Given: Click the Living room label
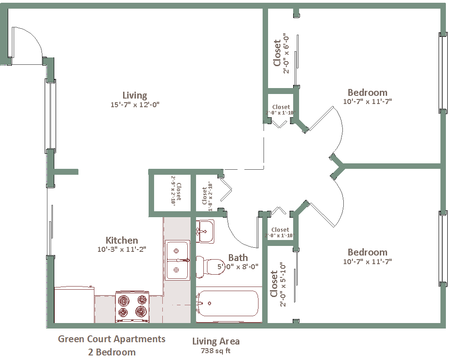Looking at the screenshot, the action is click(134, 95).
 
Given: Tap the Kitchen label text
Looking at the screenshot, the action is click(122, 240).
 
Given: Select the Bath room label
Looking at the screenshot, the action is click(238, 258).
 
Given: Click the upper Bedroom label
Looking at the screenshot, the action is click(367, 93).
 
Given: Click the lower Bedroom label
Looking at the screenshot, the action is click(367, 252).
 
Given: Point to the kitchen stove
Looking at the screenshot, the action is click(132, 307).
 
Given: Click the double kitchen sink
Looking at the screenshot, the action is click(177, 260).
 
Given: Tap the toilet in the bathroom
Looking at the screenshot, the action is click(210, 267).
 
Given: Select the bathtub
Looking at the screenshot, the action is click(228, 303).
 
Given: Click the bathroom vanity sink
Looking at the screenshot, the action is click(205, 231).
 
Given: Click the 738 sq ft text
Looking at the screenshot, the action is click(216, 350).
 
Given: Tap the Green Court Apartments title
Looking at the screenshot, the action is click(112, 339).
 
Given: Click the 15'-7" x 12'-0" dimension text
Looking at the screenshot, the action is click(135, 104).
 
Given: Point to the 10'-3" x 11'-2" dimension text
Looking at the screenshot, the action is click(122, 249).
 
